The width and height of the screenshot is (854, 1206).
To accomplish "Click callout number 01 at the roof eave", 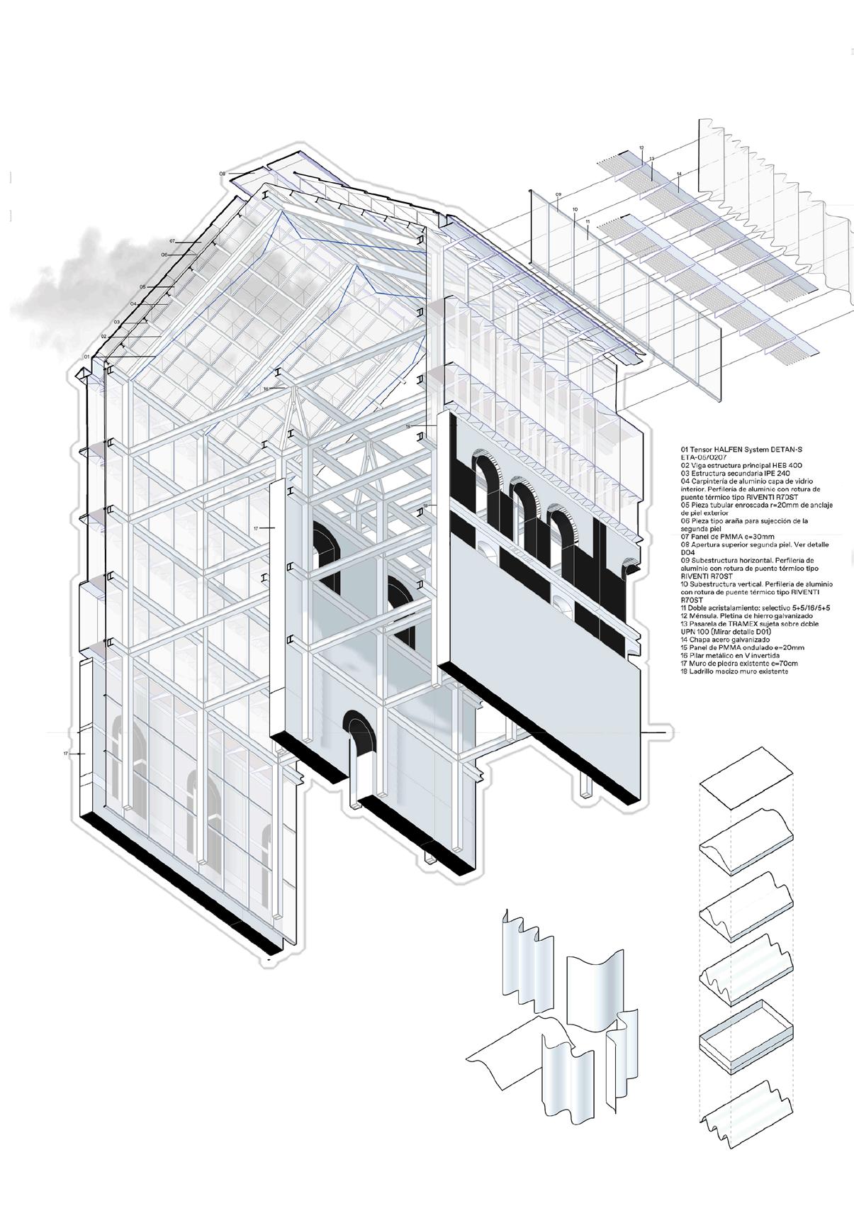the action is pos(86,356).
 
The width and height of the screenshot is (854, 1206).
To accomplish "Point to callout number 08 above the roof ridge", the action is pos(222,173).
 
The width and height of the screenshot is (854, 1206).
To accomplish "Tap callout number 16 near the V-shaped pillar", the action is pos(266,389).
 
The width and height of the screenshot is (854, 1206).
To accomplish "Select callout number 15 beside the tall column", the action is pos(408,427).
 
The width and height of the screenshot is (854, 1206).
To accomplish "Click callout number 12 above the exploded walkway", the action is pos(640,148).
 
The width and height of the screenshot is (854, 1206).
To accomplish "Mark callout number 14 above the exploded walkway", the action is pos(678,174).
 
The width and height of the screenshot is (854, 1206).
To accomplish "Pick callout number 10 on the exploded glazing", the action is pos(574,209).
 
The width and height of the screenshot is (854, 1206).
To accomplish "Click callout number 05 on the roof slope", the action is pos(142,287).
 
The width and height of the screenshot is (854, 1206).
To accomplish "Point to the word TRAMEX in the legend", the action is pos(746,624).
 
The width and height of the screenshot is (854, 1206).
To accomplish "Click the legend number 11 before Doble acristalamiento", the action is pos(684,608).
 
